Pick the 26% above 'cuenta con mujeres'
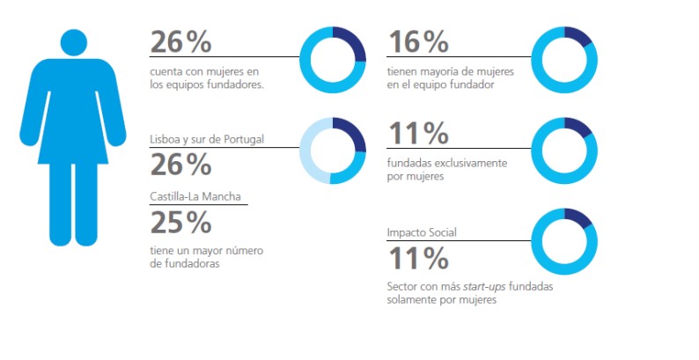pos(181,41)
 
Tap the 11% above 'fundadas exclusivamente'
pos(418,134)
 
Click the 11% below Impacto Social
pos(418,259)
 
